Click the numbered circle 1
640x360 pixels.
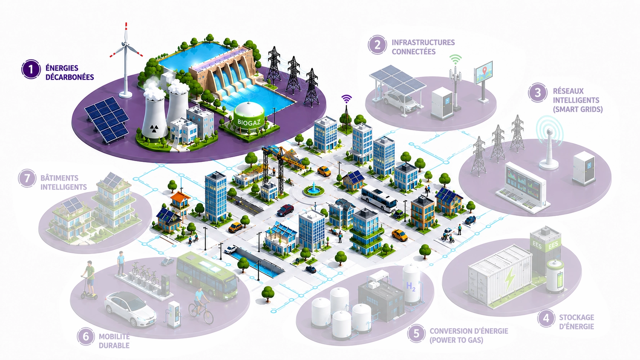click(x=31, y=69)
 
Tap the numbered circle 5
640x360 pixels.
click(x=416, y=333)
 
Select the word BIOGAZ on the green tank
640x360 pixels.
click(x=249, y=122)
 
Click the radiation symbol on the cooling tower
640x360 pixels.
click(x=154, y=129)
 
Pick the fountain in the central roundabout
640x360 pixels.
click(x=313, y=189)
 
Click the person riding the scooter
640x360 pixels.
click(x=90, y=277)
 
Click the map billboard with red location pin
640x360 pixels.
click(x=483, y=72)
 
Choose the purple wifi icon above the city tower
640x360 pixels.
click(x=346, y=99)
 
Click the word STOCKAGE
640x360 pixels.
click(x=576, y=318)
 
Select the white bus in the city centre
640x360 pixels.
click(x=379, y=200)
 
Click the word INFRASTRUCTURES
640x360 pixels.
click(x=423, y=42)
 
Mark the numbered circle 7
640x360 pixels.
click(x=27, y=178)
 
